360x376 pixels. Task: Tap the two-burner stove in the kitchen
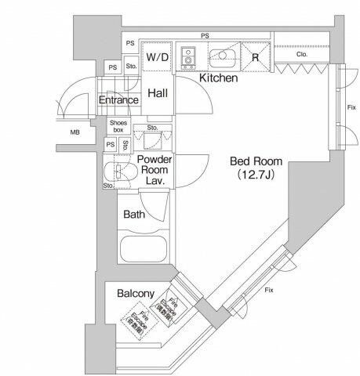[189, 57]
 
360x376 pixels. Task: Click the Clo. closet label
[302, 55]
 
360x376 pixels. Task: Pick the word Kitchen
[219, 78]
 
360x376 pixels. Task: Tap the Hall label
[158, 92]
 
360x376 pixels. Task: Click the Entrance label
[118, 100]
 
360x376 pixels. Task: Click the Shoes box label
[118, 126]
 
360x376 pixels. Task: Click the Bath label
[134, 214]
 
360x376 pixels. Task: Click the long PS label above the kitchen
[205, 35]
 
